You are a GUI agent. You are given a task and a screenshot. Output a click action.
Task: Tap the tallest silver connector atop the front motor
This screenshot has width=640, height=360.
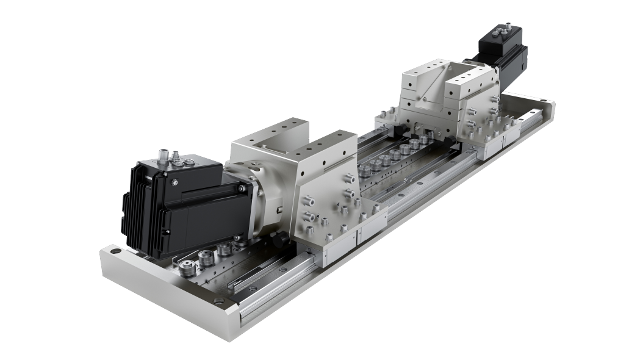163,152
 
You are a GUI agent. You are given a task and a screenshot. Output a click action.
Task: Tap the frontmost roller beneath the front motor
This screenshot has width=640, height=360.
185,265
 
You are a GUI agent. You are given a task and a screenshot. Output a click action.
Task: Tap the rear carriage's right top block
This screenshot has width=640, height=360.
473,79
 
